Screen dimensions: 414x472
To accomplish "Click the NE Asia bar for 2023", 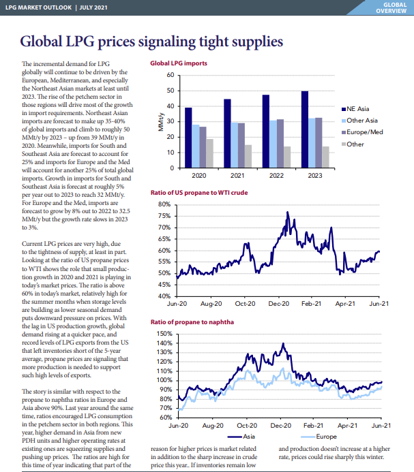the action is pyautogui.click(x=305, y=129).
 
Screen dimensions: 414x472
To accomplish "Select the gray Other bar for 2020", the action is pyautogui.click(x=209, y=153).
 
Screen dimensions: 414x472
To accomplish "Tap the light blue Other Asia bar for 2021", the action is pyautogui.click(x=235, y=145).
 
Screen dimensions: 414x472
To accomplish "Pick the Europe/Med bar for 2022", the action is pyautogui.click(x=280, y=143).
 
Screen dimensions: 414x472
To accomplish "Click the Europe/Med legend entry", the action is pyautogui.click(x=362, y=132).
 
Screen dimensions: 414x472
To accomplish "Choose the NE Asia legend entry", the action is pyautogui.click(x=355, y=109).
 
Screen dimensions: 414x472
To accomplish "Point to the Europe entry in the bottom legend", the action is pyautogui.click(x=319, y=437).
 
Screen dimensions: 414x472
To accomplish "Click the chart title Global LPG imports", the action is pyautogui.click(x=179, y=63).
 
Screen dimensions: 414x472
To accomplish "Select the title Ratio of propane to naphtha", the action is pyautogui.click(x=192, y=322).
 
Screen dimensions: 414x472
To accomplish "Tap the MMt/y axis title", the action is pyautogui.click(x=161, y=122).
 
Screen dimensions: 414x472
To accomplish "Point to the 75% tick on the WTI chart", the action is pyautogui.click(x=164, y=216).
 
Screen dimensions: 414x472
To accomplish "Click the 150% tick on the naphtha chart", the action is pyautogui.click(x=164, y=334).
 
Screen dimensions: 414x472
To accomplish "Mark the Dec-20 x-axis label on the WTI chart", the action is pyautogui.click(x=278, y=304).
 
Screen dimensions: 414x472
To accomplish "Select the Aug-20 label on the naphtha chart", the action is pyautogui.click(x=213, y=426).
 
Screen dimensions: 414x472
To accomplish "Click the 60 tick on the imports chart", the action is pyautogui.click(x=171, y=75).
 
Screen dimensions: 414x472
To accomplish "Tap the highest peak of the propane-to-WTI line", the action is pyautogui.click(x=287, y=212).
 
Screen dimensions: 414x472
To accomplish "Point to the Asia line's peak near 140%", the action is pyautogui.click(x=283, y=343).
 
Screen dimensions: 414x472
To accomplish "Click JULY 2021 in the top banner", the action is pyautogui.click(x=93, y=7).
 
